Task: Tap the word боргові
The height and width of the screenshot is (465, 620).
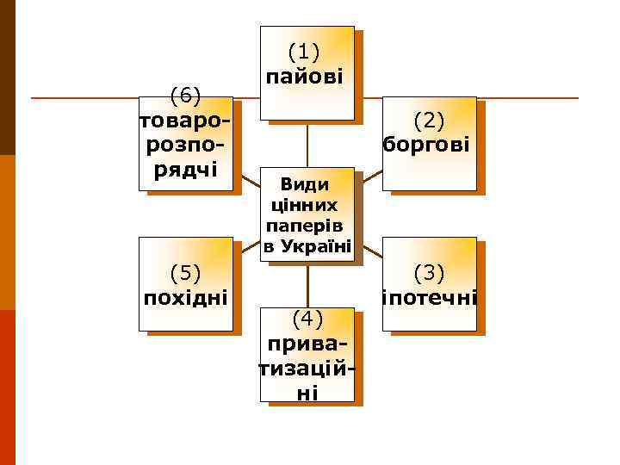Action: coord(428,143)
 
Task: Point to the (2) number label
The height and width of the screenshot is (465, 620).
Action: coord(429,118)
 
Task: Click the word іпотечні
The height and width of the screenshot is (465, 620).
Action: coord(429,298)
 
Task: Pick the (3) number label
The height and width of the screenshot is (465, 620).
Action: coord(429,274)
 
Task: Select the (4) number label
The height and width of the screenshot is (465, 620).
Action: coord(307,319)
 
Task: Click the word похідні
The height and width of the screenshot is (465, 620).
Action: coord(185,298)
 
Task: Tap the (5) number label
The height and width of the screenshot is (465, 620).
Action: coord(185,274)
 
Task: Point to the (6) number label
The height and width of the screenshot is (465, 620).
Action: coord(185,93)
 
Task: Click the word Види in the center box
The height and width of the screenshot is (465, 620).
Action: coord(306,183)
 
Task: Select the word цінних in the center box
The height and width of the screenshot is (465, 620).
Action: coord(306,205)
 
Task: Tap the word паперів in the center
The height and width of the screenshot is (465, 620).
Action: coord(306,226)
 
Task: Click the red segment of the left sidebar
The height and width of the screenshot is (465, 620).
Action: coord(8,387)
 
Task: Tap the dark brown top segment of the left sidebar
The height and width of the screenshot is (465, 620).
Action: coord(8,77)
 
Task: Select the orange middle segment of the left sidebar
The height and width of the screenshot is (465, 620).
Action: coord(8,232)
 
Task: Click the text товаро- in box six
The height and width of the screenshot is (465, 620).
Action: coord(185,119)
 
